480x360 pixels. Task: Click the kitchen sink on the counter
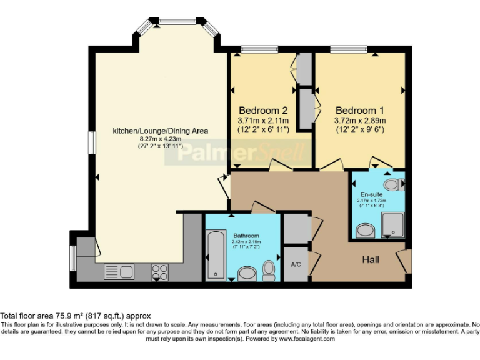point(118,271)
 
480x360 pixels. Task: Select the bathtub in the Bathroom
point(216,254)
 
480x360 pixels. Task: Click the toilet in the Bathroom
point(269,268)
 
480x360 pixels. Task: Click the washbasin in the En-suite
point(364,231)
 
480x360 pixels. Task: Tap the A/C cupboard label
point(296,264)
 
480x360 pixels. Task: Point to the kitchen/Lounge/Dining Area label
point(160,131)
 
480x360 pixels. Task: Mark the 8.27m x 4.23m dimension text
point(160,139)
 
